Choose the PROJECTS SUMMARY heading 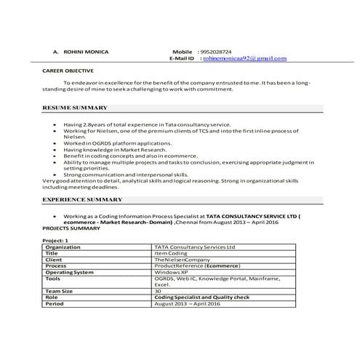pos(70,228)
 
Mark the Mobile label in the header pos(181,52)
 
